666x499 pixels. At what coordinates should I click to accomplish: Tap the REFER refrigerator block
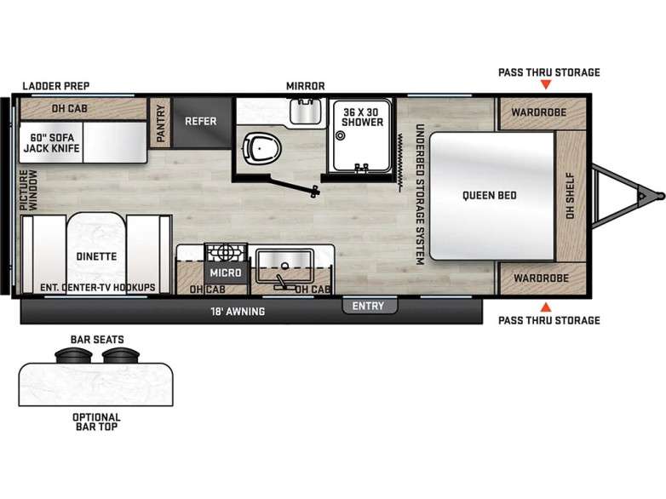(201, 123)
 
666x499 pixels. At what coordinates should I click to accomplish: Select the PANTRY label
(161, 123)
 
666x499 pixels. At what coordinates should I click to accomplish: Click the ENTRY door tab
(369, 306)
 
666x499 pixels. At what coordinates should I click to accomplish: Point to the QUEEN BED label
(490, 195)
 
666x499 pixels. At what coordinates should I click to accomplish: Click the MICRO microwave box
(226, 272)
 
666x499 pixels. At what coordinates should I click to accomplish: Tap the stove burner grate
(226, 252)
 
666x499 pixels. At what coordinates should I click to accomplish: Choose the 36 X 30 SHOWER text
(362, 118)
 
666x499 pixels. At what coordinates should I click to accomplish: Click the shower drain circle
(340, 136)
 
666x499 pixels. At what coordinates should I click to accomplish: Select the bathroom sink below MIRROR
(306, 112)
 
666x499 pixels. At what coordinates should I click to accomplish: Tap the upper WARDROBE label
(538, 112)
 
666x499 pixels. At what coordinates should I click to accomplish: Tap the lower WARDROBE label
(541, 278)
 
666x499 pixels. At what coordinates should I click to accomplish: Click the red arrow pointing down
(546, 85)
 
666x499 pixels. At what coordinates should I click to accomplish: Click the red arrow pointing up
(546, 307)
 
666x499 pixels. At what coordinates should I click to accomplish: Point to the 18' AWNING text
(238, 312)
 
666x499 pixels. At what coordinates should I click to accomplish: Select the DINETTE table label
(96, 256)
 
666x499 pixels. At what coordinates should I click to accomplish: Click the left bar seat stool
(73, 354)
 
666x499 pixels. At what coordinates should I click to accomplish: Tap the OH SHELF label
(570, 196)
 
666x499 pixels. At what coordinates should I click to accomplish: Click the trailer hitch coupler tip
(661, 196)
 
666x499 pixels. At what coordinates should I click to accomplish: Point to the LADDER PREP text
(56, 86)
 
